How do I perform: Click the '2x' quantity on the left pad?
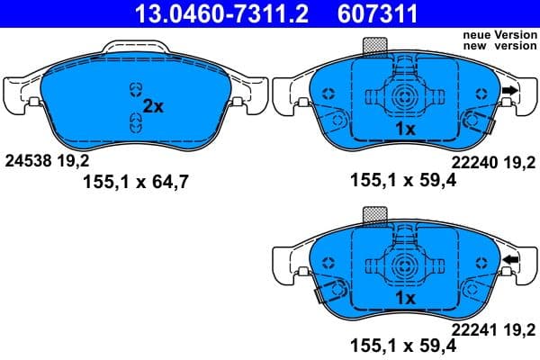click(153, 106)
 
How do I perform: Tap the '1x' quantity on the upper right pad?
click(404, 130)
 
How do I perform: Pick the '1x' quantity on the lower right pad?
click(404, 298)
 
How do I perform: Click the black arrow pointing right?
click(510, 91)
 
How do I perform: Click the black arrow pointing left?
click(510, 261)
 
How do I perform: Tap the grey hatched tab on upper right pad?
click(373, 46)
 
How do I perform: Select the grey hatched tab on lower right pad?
click(373, 215)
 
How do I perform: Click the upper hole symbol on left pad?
click(136, 88)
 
